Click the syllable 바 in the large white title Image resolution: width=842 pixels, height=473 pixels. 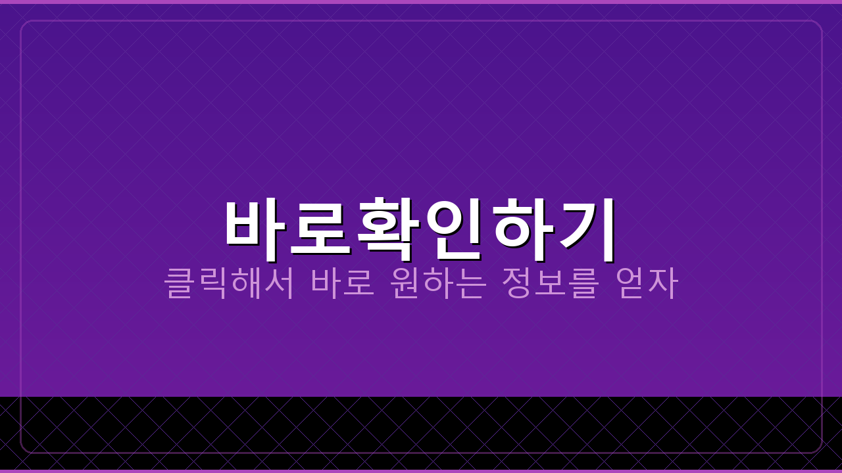click(x=255, y=224)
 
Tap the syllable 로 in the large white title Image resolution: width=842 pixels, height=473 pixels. click(x=320, y=224)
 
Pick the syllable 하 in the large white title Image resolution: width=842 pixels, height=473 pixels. click(x=522, y=224)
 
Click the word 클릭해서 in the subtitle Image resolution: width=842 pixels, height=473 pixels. click(x=229, y=282)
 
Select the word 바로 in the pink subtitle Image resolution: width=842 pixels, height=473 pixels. click(x=343, y=282)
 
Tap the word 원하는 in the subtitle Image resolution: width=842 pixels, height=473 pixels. click(x=438, y=282)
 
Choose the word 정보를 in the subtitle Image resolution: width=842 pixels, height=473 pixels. click(x=551, y=282)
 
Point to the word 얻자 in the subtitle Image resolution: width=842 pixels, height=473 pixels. click(x=646, y=282)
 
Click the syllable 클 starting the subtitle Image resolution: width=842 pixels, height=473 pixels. click(x=180, y=282)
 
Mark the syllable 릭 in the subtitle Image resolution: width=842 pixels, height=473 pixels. click(x=212, y=282)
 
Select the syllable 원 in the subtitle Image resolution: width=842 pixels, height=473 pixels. click(x=405, y=282)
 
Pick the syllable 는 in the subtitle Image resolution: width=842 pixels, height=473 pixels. click(x=471, y=282)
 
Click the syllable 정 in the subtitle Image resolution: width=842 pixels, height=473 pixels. click(x=518, y=282)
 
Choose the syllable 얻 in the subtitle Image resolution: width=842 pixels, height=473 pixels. click(x=630, y=282)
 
